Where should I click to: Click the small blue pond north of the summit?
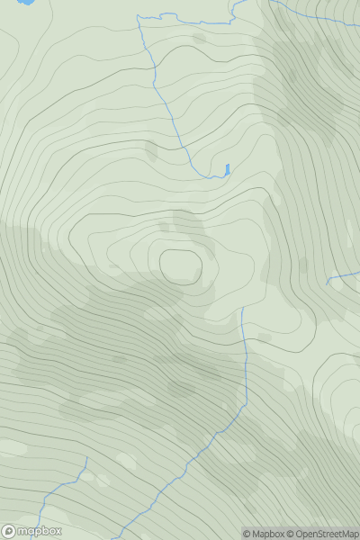coord(228,168)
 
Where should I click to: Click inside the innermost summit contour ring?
coord(181,266)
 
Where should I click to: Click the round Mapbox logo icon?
coord(9,531)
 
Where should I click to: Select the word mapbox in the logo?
coord(40,531)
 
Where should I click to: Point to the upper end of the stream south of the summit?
coord(242,309)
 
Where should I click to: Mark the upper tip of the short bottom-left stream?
coord(87,458)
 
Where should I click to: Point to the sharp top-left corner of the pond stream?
coord(138,16)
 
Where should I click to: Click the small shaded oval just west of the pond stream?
coord(150,151)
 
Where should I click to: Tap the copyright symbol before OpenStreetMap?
coord(292,534)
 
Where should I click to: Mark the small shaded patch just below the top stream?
coord(199,39)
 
